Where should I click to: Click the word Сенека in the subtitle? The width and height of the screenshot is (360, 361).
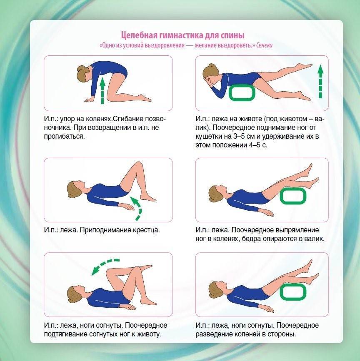264,45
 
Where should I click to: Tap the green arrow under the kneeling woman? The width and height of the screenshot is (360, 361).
102,91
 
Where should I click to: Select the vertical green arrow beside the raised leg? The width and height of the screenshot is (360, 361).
320,82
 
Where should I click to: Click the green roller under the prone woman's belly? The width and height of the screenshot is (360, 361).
242,93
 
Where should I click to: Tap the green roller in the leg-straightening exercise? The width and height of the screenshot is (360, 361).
293,196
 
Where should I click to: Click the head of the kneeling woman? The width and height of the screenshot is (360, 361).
84,73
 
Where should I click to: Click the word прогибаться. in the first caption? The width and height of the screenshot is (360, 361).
65,136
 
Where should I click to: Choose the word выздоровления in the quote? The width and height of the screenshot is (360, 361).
164,45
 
